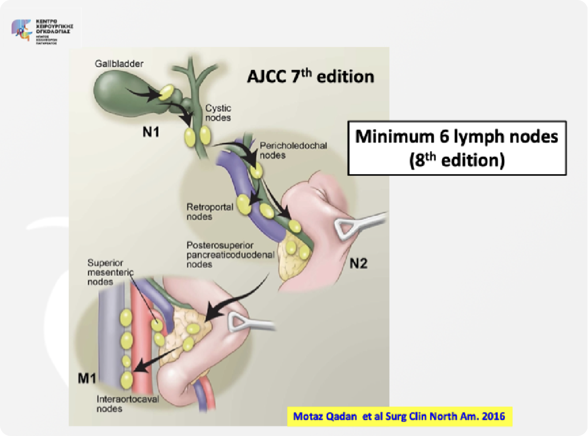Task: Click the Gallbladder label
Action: click(x=119, y=64)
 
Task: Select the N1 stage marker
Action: click(x=150, y=132)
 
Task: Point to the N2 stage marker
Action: click(x=358, y=264)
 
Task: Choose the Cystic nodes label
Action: click(x=218, y=113)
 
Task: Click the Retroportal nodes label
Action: click(x=210, y=212)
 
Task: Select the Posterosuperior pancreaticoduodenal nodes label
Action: click(x=230, y=255)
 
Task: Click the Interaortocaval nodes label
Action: click(x=128, y=404)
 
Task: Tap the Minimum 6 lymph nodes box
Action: click(x=457, y=148)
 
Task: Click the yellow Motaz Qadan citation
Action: click(x=399, y=417)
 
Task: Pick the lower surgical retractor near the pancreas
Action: click(x=250, y=323)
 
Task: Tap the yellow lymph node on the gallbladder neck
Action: click(x=166, y=92)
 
